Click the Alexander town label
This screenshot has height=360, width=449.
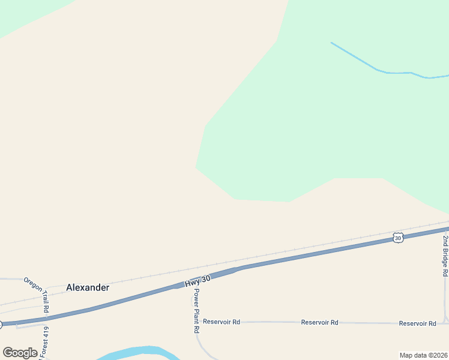[x=88, y=287]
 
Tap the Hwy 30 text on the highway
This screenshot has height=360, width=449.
[x=197, y=280]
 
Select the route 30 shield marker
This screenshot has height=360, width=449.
[x=398, y=238]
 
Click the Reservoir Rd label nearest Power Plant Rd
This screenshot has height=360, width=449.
[x=221, y=322]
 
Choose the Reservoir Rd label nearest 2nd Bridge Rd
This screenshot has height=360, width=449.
[x=418, y=323]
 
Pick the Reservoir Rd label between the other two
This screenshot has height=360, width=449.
[x=319, y=322]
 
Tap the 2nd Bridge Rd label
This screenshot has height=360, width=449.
[x=445, y=256]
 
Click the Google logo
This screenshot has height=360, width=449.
[x=20, y=353]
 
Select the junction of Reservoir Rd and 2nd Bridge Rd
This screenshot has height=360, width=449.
[x=445, y=323]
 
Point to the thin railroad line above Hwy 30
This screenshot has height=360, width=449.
[x=300, y=251]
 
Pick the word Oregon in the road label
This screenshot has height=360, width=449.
[x=32, y=282]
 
